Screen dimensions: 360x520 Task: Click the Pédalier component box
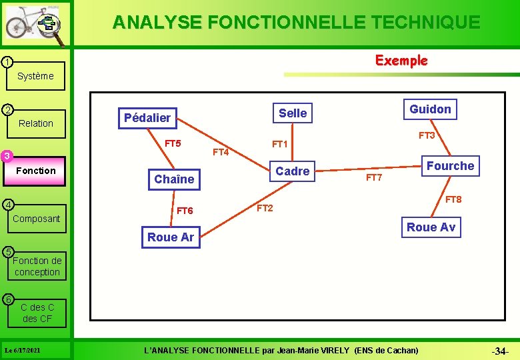click(147, 117)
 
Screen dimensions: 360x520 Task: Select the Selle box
click(293, 113)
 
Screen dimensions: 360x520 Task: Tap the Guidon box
click(430, 109)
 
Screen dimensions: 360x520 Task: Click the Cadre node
click(293, 171)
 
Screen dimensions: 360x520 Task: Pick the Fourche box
click(450, 166)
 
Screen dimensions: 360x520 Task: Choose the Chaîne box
click(174, 179)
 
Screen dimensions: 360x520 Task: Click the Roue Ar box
click(171, 237)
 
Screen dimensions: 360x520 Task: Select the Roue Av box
click(431, 227)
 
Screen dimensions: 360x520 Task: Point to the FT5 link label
click(173, 143)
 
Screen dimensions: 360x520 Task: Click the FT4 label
click(221, 153)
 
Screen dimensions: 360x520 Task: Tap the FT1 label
click(279, 144)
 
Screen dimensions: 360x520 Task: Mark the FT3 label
click(427, 136)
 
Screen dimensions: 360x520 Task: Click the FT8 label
click(453, 199)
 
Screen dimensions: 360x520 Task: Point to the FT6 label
click(185, 211)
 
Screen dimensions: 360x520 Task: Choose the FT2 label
click(265, 208)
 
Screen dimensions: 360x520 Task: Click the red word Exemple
click(401, 61)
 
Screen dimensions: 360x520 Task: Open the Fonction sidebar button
click(36, 171)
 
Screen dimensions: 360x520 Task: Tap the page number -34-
click(499, 351)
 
